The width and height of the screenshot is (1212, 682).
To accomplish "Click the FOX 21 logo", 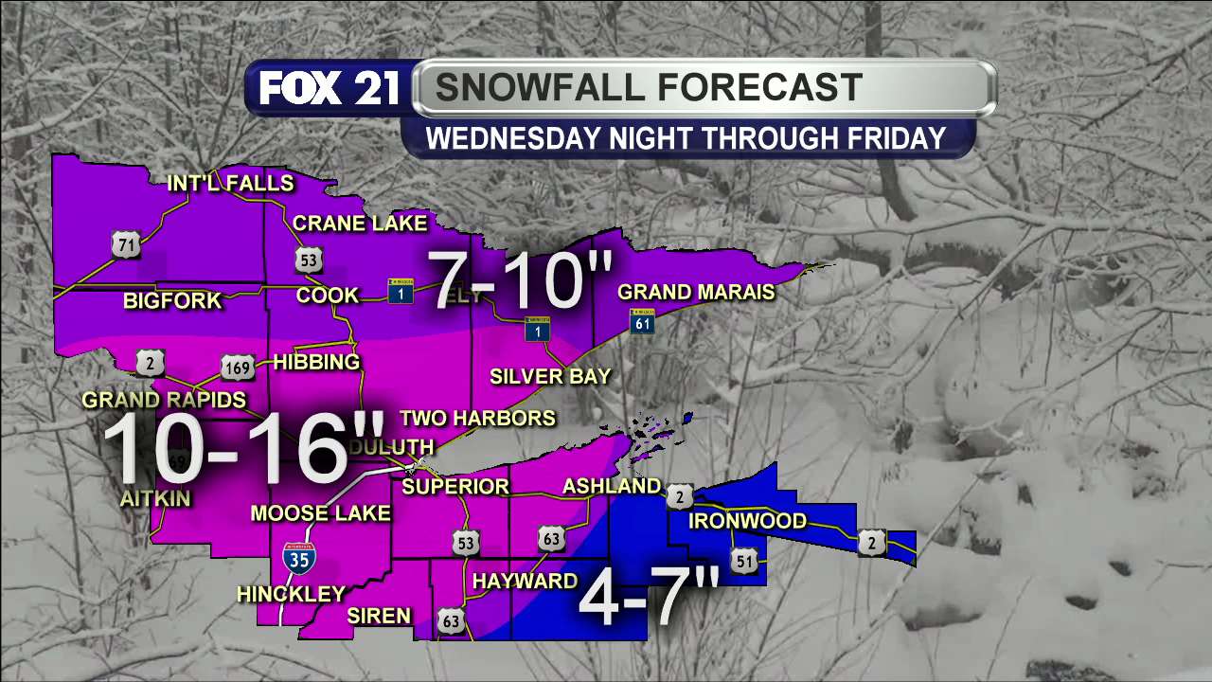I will click(329, 89).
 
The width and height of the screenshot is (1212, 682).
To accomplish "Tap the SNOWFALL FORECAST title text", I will click(649, 87).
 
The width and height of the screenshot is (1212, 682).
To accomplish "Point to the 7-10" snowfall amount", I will click(521, 280).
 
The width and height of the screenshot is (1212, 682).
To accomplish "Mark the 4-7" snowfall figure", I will click(649, 598).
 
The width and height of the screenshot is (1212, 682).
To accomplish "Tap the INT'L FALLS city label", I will click(230, 183).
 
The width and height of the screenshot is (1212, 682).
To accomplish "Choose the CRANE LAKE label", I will click(360, 224).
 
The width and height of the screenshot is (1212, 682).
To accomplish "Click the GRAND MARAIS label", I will click(696, 293).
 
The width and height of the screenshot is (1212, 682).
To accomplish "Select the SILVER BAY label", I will click(550, 376).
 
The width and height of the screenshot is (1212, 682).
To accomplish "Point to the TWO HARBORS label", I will click(477, 418).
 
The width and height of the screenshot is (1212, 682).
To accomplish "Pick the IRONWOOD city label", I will click(747, 521).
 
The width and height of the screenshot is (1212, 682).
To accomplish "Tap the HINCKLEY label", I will click(291, 594).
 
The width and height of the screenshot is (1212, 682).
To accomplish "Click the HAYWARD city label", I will click(525, 581).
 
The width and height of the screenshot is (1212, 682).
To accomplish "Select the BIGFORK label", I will click(172, 301).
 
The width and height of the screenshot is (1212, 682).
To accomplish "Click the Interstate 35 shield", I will click(298, 558).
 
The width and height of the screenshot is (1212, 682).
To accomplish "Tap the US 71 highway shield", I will click(125, 246).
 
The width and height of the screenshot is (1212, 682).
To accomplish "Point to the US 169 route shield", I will click(238, 367).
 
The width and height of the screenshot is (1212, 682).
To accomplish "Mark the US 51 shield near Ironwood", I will click(743, 560).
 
